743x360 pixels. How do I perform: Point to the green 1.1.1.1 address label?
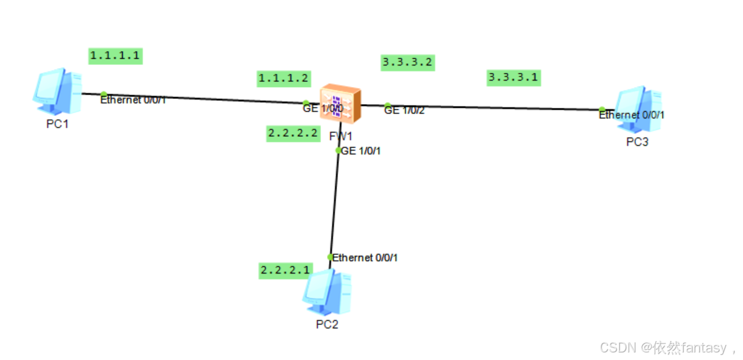point(115,55)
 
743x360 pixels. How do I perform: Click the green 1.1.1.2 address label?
point(283,78)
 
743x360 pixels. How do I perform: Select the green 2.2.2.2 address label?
point(293,133)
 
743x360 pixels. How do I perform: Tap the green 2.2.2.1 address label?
point(285,270)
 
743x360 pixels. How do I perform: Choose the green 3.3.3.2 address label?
point(408,62)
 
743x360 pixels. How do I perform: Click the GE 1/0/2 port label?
point(404,110)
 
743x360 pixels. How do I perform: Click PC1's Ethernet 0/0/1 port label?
point(133,100)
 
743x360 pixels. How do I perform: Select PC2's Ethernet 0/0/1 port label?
point(365,257)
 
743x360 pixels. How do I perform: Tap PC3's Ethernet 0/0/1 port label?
point(631,115)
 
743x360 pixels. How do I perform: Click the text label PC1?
point(57,124)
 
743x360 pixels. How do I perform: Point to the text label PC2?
point(327,325)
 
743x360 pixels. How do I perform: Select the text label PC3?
point(637,142)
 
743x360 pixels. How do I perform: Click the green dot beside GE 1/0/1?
point(338,150)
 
